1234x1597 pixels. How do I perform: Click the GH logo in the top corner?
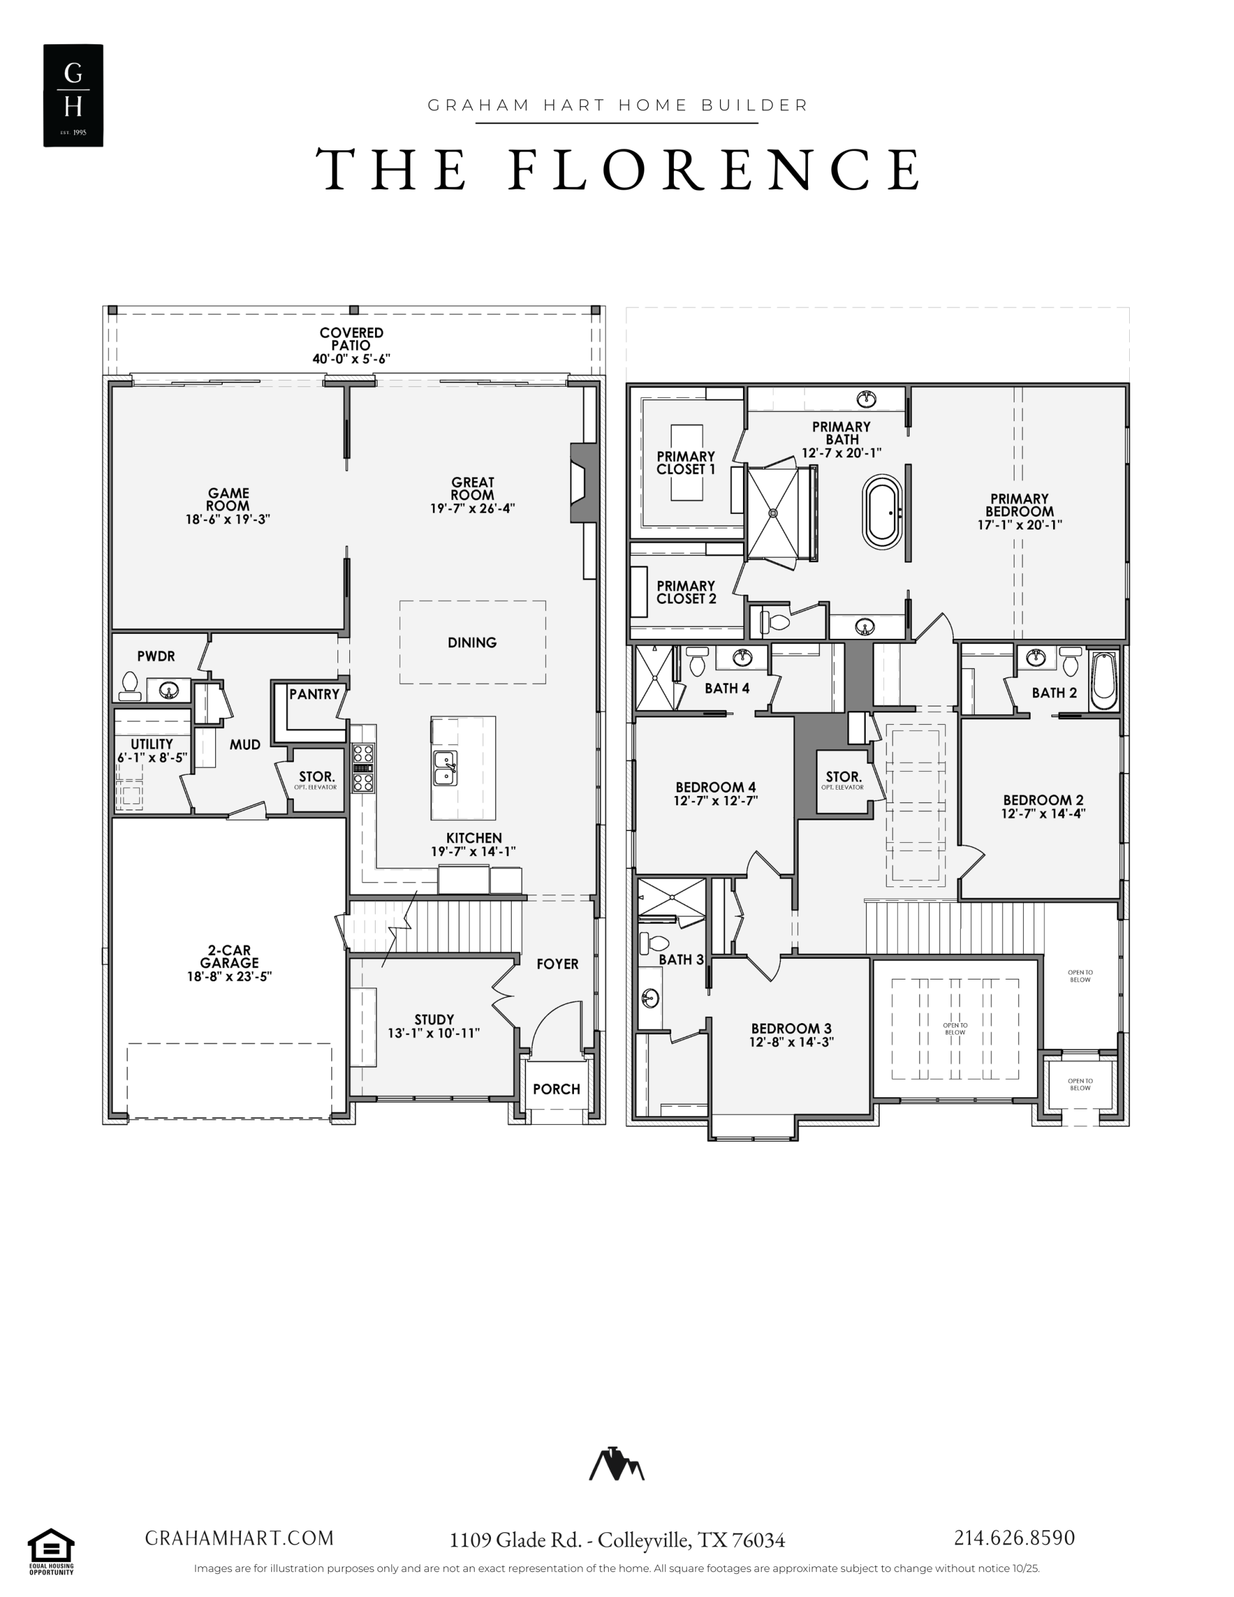73,95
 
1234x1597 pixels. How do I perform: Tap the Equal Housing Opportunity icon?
51,1551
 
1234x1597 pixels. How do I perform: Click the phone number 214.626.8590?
1014,1538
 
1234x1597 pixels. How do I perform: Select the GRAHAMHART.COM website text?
239,1538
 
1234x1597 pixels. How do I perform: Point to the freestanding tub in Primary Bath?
882,512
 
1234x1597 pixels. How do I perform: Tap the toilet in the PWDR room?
130,687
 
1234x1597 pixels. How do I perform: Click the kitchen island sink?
445,768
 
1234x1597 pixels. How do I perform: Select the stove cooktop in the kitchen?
364,768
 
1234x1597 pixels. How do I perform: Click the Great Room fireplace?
584,483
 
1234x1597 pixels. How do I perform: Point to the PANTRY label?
314,694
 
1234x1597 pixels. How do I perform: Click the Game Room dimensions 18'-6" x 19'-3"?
228,519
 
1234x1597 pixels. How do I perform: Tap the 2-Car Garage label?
229,956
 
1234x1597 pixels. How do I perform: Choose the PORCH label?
556,1089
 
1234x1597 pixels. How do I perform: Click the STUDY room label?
434,1019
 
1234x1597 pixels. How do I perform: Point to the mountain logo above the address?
616,1463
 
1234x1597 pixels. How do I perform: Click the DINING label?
472,643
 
